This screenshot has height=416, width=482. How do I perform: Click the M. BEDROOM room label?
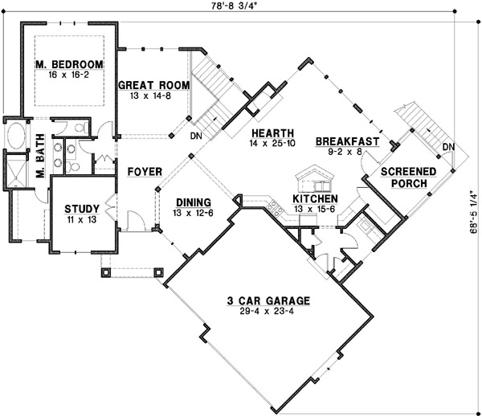point(69,64)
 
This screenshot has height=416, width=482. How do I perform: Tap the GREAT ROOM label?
point(154,84)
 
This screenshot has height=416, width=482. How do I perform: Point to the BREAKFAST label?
point(348,141)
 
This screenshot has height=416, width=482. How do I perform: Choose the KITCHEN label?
point(314,198)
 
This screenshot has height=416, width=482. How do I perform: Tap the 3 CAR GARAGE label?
point(267,301)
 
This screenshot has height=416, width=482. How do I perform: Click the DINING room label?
point(191,202)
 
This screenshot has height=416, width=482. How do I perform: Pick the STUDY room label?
point(82,209)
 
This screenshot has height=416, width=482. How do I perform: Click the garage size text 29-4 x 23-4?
point(267,312)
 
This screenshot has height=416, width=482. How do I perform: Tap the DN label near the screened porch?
point(449,146)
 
